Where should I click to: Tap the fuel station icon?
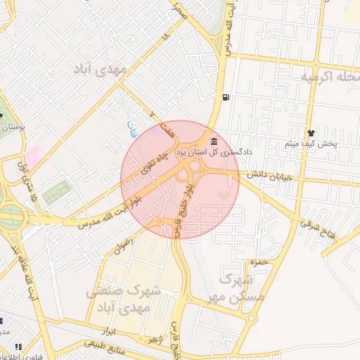click(224, 97)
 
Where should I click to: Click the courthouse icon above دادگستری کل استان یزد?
click(214, 141)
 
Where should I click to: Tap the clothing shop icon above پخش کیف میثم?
click(311, 133)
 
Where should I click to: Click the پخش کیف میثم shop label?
click(311, 144)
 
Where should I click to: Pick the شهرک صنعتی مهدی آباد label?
click(124, 300)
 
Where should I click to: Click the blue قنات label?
click(131, 128)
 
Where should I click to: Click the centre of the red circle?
click(180, 179)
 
